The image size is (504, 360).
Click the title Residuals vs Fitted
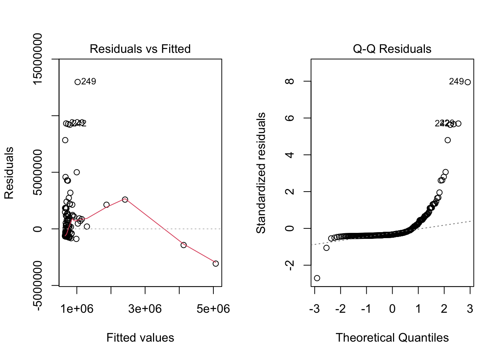pyautogui.click(x=140, y=49)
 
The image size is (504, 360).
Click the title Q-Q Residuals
pyautogui.click(x=392, y=49)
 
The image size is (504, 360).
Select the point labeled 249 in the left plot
pyautogui.click(x=78, y=82)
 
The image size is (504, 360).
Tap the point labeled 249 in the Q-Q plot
pyautogui.click(x=467, y=82)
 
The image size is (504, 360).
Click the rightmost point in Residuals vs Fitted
pyautogui.click(x=216, y=264)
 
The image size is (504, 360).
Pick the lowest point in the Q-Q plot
pyautogui.click(x=317, y=278)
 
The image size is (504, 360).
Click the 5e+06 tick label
pyautogui.click(x=213, y=309)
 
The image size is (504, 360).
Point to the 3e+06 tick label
pyautogui.click(x=145, y=309)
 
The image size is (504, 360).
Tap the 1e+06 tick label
pyautogui.click(x=77, y=309)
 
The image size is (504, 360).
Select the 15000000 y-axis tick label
pyautogui.click(x=37, y=59)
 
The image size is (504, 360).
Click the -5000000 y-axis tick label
pyautogui.click(x=37, y=285)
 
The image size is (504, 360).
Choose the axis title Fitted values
pyautogui.click(x=140, y=337)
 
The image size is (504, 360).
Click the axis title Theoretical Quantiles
pyautogui.click(x=392, y=337)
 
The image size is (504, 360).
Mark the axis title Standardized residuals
pyautogui.click(x=261, y=173)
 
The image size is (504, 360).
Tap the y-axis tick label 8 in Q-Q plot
pyautogui.click(x=289, y=81)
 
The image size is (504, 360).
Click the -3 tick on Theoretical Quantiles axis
pyautogui.click(x=314, y=309)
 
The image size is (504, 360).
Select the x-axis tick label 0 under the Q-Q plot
pyautogui.click(x=392, y=309)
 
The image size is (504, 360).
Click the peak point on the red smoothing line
pyautogui.click(x=125, y=199)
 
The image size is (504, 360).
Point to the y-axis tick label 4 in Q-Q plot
pyautogui.click(x=289, y=154)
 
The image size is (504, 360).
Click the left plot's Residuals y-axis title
pyautogui.click(x=9, y=173)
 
